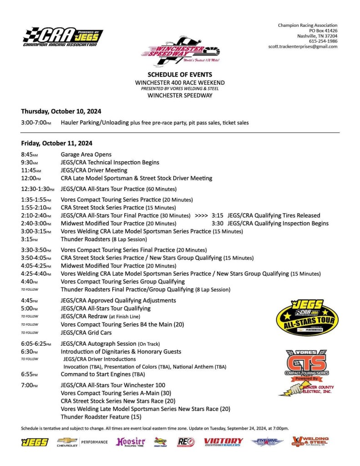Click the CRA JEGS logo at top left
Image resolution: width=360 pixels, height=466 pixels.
62,37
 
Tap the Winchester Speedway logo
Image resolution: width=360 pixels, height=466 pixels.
180,51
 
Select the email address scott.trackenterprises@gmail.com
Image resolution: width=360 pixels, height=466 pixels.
303,46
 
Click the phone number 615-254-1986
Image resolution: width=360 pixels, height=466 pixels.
323,41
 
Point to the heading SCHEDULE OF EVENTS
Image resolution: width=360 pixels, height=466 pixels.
180,74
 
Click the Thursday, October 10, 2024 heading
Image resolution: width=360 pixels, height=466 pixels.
61,111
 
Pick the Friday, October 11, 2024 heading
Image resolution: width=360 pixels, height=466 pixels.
56,143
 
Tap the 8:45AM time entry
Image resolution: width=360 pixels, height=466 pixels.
30,154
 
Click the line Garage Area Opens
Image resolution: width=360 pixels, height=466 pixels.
86,154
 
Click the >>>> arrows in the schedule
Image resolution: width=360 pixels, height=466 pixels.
201,215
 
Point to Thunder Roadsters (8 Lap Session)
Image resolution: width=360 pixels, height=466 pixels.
104,239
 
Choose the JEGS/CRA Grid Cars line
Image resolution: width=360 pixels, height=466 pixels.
86,333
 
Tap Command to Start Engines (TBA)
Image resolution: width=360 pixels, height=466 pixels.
103,374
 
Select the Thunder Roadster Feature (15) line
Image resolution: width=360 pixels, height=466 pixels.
101,416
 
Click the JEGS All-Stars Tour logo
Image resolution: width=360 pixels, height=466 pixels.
308,318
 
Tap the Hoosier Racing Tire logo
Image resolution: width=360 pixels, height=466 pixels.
131,442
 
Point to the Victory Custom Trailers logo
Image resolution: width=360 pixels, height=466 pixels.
223,442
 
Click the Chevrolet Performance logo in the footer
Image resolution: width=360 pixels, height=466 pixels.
82,442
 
